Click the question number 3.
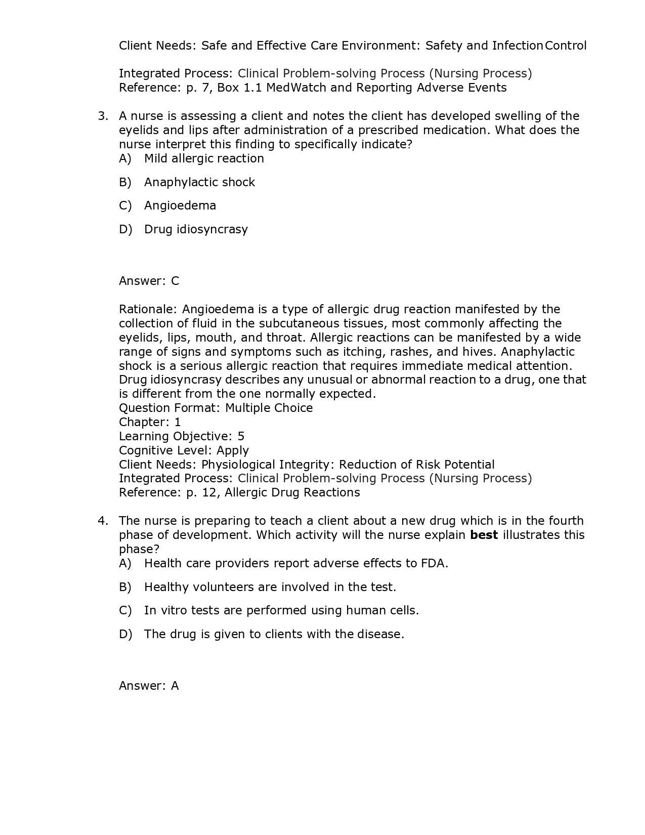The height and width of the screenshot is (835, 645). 103,116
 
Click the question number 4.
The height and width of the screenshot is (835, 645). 103,521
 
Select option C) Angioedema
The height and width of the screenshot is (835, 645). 180,205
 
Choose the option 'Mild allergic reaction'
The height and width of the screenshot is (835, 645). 203,158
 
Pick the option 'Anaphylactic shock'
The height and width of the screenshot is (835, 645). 199,182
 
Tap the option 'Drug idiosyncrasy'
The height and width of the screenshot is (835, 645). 196,229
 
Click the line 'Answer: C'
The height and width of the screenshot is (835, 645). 149,281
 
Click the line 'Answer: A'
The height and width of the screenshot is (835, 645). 149,686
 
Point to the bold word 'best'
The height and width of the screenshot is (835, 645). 484,535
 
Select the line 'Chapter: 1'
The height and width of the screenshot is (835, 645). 150,422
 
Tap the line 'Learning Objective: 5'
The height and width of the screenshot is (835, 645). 182,436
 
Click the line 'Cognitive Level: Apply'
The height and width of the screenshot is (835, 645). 184,450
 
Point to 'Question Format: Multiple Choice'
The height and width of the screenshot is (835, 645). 216,408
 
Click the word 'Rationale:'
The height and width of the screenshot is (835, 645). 148,309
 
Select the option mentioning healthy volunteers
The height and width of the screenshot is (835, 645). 270,587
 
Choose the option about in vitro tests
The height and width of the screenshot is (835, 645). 281,610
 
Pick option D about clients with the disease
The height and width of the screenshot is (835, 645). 274,634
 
